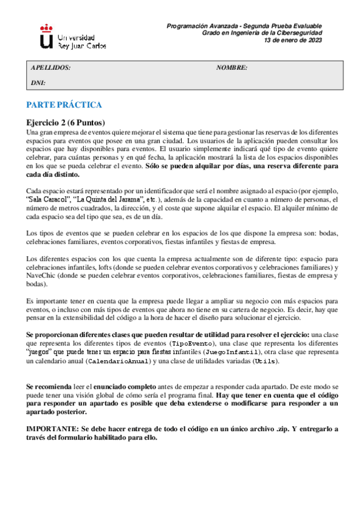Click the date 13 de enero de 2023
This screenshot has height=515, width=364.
click(x=293, y=40)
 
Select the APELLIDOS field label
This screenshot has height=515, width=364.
click(x=50, y=67)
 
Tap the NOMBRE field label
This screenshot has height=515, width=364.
click(x=232, y=67)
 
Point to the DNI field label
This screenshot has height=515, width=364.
click(x=38, y=82)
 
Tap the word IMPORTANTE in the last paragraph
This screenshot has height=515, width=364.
click(x=52, y=428)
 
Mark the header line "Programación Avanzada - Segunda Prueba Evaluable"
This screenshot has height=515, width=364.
click(x=244, y=26)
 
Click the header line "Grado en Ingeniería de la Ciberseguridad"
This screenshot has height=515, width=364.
click(x=262, y=33)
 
